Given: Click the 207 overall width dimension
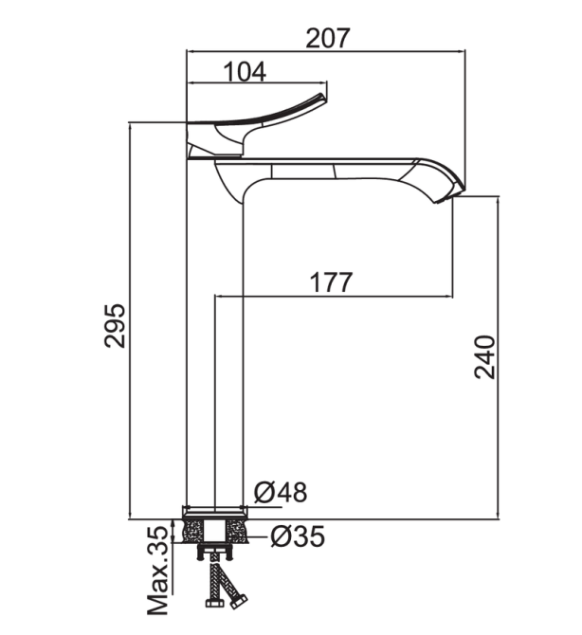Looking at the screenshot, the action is coord(327,39).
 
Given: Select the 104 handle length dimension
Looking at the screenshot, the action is coord(245,72).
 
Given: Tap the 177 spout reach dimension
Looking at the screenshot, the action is coord(331,282).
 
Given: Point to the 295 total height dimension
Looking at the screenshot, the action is coord(115,325).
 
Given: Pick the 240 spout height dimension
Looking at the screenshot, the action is coord(484,356).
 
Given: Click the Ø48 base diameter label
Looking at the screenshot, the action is coord(281,492).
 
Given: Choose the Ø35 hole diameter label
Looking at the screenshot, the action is coord(298,536).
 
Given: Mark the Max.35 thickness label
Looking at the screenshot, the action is coord(157,576).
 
